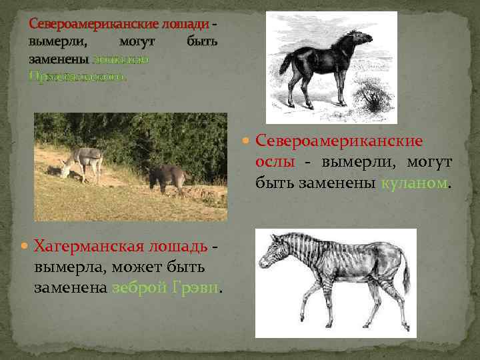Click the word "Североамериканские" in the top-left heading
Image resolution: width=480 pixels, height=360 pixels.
coord(93,25)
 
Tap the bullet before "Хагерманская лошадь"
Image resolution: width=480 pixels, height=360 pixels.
coord(27,246)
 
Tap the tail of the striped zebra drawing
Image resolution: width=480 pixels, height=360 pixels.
coord(406,277)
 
